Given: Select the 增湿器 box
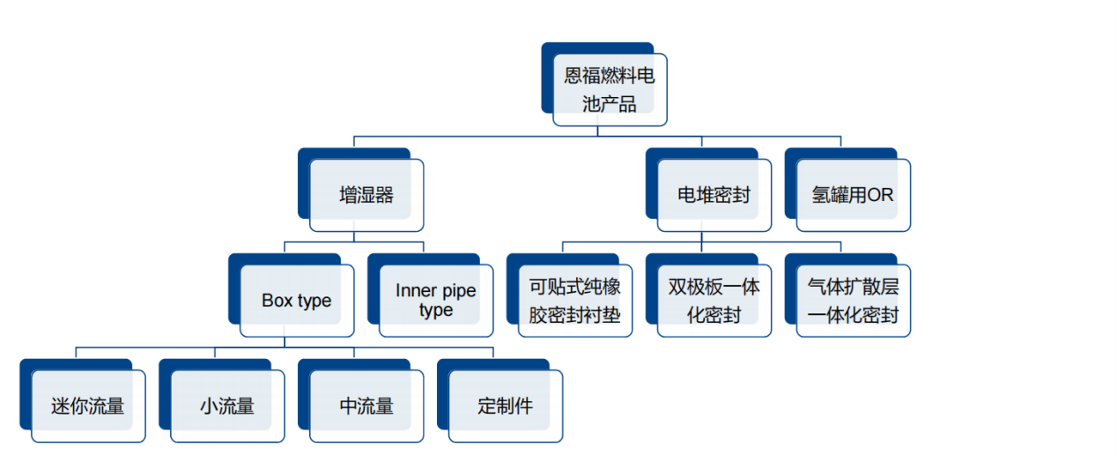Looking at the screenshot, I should click(x=366, y=195).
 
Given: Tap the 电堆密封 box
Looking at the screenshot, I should click(x=714, y=195).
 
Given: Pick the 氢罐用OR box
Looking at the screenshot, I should click(x=853, y=195).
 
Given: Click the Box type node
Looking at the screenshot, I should click(x=297, y=301).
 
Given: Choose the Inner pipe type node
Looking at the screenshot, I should click(x=436, y=301).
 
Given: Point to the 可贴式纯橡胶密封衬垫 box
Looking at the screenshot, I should click(x=575, y=301).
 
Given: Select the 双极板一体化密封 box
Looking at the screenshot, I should click(x=714, y=301).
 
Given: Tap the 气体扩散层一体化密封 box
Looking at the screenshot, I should click(x=853, y=301).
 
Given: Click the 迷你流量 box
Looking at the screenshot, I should click(x=88, y=407).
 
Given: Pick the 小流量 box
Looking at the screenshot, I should click(x=227, y=407).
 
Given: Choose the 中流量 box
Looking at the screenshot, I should click(x=366, y=407).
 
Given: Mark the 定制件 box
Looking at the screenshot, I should click(x=506, y=407).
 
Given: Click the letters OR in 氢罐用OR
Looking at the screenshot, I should click(x=880, y=195).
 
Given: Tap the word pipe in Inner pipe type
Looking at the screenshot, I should click(x=458, y=291).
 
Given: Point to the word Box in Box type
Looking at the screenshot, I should click(x=277, y=301).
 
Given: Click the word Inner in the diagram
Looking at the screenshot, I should click(x=415, y=291).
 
